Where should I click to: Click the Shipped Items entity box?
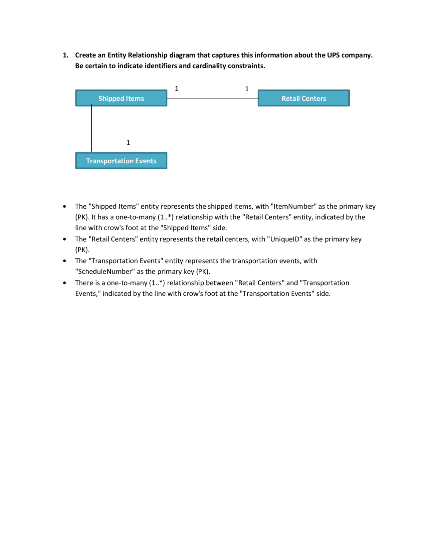(121, 98)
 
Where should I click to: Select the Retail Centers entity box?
(304, 98)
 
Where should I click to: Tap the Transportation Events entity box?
(121, 161)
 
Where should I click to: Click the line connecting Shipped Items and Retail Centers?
(212, 98)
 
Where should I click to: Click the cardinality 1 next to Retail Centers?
(247, 89)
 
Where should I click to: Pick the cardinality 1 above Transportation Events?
(128, 143)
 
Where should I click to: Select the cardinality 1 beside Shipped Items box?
(177, 89)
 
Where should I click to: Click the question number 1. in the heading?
(66, 55)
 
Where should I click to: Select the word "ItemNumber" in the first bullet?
(293, 207)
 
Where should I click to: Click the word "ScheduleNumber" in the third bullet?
(105, 272)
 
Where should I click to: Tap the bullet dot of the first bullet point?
(65, 207)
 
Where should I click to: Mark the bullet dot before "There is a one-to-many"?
(65, 283)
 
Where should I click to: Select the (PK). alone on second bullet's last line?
(82, 250)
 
